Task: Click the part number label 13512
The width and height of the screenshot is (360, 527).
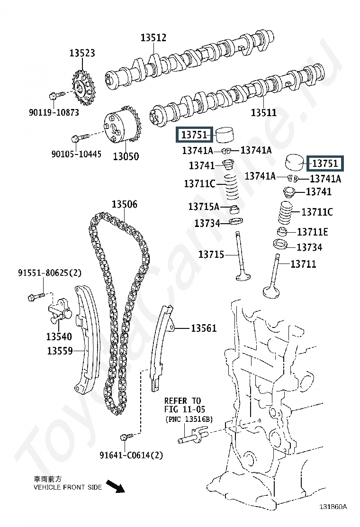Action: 153,37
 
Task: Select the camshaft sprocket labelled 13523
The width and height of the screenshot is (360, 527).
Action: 83,88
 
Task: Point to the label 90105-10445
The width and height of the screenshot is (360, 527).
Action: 76,154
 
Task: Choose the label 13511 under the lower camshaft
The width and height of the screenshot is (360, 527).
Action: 264,112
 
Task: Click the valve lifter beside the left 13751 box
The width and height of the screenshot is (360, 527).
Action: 225,135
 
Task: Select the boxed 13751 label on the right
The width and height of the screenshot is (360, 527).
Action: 325,164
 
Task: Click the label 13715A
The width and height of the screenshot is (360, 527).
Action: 204,206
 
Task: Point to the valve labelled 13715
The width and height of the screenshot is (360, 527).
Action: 242,256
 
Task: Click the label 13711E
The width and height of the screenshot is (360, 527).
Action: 312,232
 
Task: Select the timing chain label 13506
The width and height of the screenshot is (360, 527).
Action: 124,204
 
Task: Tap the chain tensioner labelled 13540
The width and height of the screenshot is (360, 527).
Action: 60,309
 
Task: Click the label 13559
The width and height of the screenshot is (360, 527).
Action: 60,351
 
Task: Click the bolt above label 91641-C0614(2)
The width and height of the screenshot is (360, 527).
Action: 126,436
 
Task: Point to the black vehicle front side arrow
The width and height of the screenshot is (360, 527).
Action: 115,486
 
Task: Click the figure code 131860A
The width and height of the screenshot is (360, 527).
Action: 333,507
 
